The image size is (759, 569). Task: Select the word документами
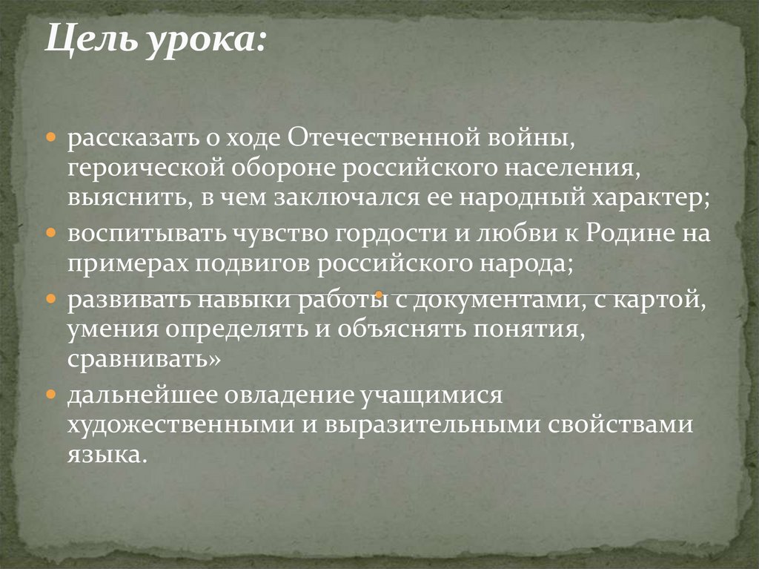pos(490,300)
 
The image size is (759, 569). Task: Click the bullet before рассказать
pos(51,139)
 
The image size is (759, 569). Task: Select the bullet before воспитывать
pos(51,235)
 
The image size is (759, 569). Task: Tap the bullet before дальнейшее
pos(51,395)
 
